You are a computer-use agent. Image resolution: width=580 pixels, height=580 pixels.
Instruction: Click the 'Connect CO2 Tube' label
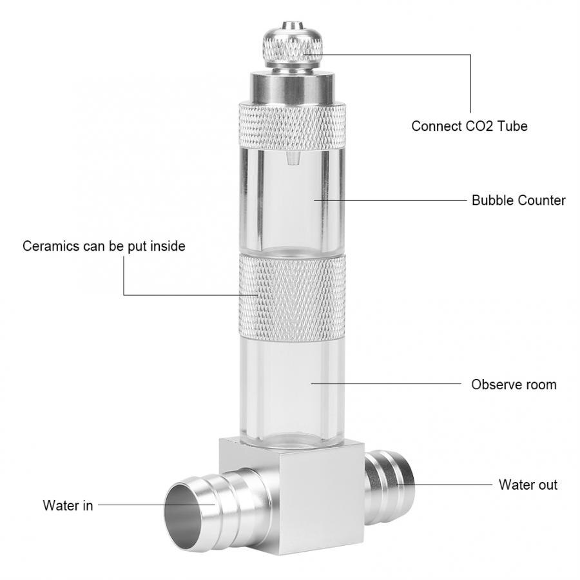[x=469, y=126]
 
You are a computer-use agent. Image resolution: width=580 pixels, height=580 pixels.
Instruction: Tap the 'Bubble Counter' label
[x=518, y=200]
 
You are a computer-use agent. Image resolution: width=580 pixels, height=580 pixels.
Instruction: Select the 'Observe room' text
[x=514, y=385]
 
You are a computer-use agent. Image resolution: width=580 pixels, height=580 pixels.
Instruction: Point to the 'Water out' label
[x=528, y=485]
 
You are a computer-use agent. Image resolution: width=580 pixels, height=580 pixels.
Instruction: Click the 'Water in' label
[x=68, y=506]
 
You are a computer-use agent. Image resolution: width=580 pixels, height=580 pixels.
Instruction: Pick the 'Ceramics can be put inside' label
[x=104, y=246]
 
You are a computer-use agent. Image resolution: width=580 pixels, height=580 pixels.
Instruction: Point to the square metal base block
[x=290, y=490]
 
